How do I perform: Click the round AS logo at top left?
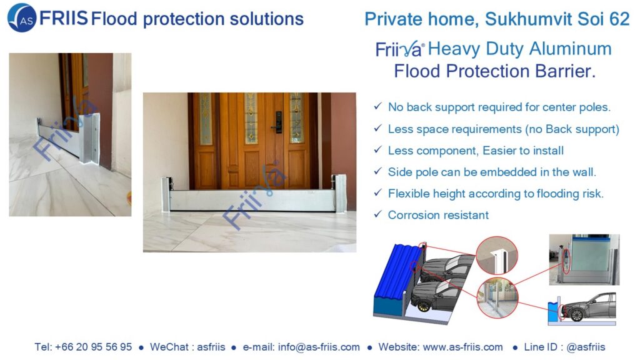[22, 18]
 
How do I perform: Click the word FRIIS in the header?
[64, 18]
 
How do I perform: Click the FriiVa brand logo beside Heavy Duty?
[399, 49]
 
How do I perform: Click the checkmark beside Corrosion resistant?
[378, 214]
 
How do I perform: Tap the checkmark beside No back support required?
[378, 106]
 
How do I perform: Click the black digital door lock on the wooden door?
[278, 122]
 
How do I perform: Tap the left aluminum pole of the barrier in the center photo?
[166, 194]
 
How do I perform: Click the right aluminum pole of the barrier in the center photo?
[341, 194]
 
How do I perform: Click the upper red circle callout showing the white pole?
[497, 256]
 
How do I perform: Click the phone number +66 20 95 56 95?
[94, 347]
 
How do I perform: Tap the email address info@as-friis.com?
[319, 347]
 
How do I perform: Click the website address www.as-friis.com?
[463, 347]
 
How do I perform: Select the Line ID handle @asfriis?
[586, 347]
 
